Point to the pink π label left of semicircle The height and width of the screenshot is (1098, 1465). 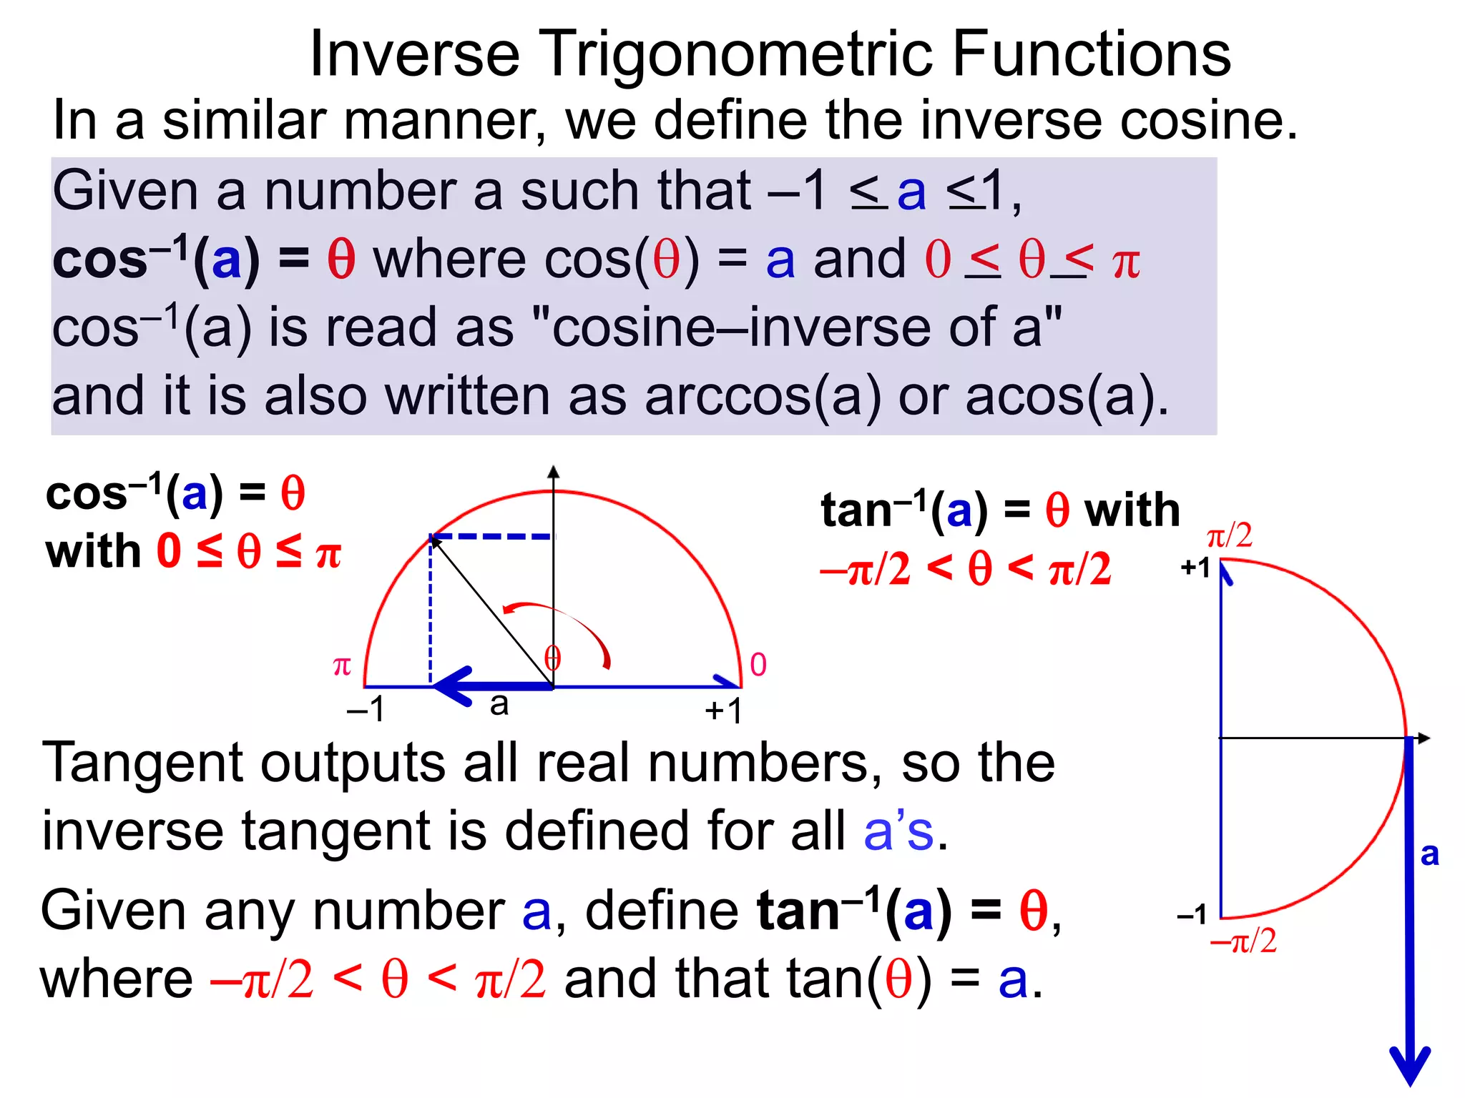(x=342, y=666)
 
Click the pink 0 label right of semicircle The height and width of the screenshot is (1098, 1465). (x=758, y=665)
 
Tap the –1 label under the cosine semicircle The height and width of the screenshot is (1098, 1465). (x=366, y=710)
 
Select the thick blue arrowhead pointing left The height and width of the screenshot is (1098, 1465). (x=452, y=686)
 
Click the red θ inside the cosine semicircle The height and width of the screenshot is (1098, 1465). (x=552, y=658)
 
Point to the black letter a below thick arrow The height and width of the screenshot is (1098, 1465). (x=499, y=705)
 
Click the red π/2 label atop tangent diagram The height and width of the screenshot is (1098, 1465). (x=1229, y=535)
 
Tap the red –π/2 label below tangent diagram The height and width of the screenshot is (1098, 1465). (x=1243, y=941)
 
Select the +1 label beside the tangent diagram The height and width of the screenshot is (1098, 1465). (x=1195, y=568)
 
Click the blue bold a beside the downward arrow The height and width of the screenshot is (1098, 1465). (x=1429, y=854)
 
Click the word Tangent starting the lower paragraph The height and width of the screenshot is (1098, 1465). (x=141, y=763)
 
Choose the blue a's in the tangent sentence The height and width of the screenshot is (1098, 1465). (x=898, y=831)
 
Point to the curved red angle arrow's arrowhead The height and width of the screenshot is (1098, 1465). (x=509, y=609)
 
